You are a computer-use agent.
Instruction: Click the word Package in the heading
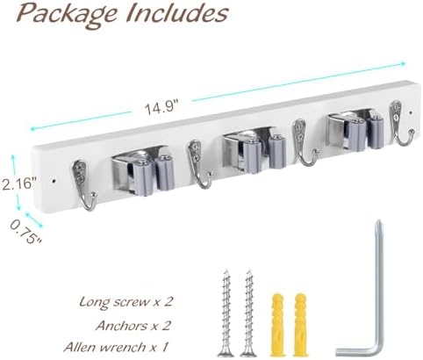click(x=67, y=14)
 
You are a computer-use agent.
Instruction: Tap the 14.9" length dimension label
click(x=161, y=108)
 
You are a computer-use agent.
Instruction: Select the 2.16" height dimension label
click(x=19, y=184)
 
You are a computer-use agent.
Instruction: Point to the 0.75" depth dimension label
click(x=25, y=233)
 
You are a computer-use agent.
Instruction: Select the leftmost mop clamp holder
click(x=143, y=171)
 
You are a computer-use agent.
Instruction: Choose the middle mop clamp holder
click(x=254, y=152)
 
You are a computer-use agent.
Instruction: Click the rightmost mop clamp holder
click(x=355, y=129)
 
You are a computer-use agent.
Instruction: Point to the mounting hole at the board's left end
click(x=54, y=181)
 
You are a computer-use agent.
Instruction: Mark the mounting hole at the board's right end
click(x=411, y=112)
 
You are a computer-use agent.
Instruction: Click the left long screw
click(x=226, y=313)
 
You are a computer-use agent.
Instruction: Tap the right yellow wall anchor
click(x=300, y=325)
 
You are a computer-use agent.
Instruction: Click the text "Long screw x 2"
click(x=125, y=301)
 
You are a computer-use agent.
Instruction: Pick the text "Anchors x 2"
click(x=133, y=326)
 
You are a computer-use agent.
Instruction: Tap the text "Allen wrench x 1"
click(x=117, y=347)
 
